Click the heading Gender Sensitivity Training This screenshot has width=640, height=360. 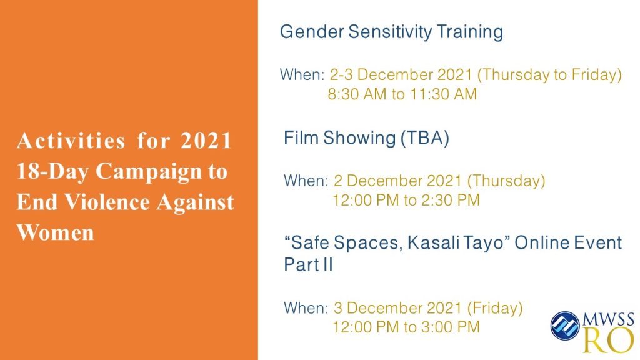391,32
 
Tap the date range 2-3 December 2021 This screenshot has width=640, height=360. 401,75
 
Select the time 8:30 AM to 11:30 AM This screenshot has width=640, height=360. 402,94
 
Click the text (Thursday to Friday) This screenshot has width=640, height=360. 549,75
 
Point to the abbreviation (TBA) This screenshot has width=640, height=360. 424,138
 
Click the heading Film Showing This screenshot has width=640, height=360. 339,138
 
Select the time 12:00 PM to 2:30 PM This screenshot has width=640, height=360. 406,201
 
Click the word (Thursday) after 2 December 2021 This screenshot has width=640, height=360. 506,181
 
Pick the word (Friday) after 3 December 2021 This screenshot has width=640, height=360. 495,308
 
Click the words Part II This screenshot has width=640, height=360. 308,264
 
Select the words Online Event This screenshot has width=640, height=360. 567,243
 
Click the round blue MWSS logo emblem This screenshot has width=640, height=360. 565,326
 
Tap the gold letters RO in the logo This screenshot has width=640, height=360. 608,341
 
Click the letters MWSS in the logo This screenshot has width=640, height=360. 608,319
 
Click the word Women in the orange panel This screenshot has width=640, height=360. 55,232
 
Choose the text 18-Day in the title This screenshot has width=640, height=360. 52,171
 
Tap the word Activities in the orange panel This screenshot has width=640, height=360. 70,141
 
